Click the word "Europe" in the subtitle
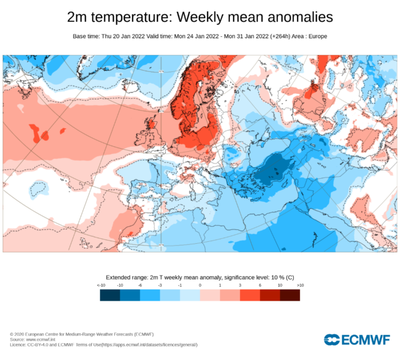[316, 36]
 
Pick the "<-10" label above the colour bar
[101, 285]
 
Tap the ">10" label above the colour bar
[299, 285]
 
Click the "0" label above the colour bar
[200, 285]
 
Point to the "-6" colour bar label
[141, 285]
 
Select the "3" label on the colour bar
[240, 285]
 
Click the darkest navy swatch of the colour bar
[110, 295]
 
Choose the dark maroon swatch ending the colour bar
[290, 295]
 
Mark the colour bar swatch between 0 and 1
[210, 295]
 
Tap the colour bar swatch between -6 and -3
[150, 295]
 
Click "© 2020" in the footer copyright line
[17, 334]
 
